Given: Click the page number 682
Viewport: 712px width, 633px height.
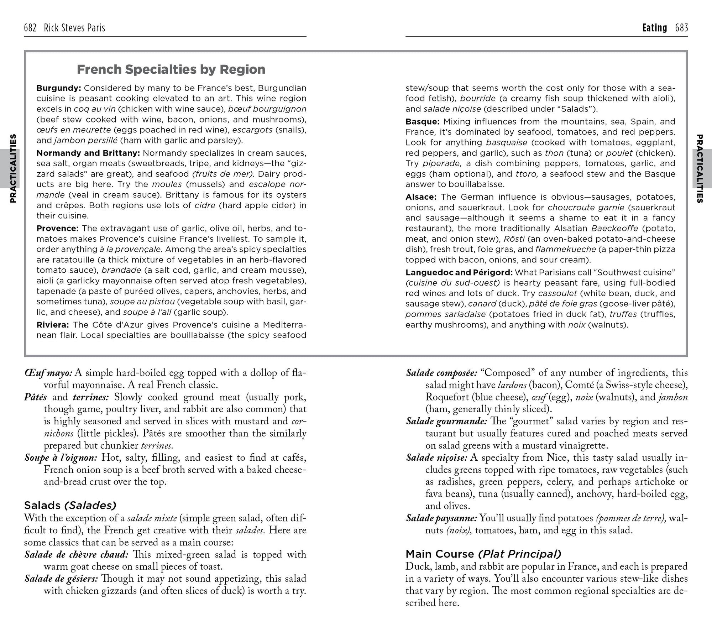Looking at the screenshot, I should point(30,28).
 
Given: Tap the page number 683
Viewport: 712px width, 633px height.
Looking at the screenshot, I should point(681,28).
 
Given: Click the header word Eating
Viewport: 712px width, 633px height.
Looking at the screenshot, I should point(654,28).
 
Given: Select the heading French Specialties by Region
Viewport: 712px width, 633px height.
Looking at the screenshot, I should point(171,69).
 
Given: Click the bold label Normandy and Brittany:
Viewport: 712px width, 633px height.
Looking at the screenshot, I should point(88,153).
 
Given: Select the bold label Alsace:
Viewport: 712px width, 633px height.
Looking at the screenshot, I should point(421,197).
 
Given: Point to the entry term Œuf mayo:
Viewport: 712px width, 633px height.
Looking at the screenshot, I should point(48,373).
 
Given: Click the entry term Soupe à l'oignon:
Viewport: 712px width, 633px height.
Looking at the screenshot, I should point(61,457).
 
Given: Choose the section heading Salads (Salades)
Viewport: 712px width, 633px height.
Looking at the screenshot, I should point(70,505).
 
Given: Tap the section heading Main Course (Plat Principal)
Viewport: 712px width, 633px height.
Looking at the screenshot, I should point(483,554).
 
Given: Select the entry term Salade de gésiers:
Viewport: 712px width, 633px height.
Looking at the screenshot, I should point(61,579).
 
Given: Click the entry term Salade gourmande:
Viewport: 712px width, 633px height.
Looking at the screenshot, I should point(446,422).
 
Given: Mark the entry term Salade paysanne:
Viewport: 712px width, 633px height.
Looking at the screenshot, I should point(441,518).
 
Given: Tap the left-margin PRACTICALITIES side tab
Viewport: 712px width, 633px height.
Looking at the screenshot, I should point(13,168).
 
